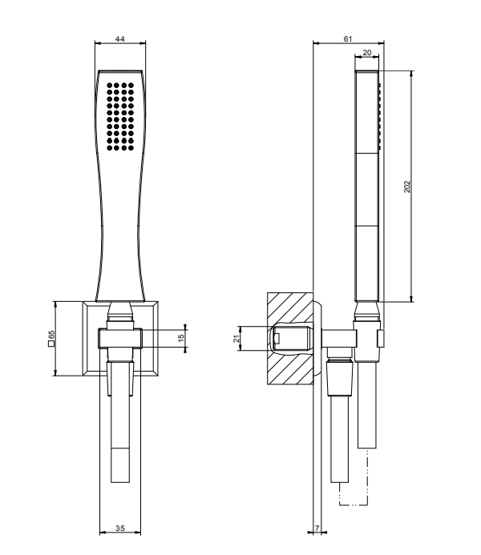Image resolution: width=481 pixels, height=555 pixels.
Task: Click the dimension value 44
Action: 120,38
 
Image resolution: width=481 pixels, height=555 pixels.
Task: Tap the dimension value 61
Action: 348,38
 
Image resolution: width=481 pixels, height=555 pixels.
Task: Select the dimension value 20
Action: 367,52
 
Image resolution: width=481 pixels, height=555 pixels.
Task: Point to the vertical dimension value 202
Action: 407,187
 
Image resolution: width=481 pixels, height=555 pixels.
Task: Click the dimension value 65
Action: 52,335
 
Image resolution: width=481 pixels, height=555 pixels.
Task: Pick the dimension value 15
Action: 181,338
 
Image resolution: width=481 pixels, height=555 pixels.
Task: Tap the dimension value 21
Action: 236,339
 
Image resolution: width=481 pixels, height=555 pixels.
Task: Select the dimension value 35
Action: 120,528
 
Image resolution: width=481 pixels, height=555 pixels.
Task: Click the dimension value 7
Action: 317,528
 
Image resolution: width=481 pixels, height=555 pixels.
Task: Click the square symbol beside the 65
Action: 51,344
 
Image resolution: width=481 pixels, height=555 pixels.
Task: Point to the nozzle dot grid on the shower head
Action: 120,116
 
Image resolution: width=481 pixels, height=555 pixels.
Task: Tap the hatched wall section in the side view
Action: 290,338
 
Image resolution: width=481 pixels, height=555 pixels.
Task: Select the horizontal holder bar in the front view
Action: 120,339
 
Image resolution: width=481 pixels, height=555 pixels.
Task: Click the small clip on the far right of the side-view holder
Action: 381,339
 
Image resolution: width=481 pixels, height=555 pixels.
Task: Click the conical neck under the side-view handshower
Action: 367,311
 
